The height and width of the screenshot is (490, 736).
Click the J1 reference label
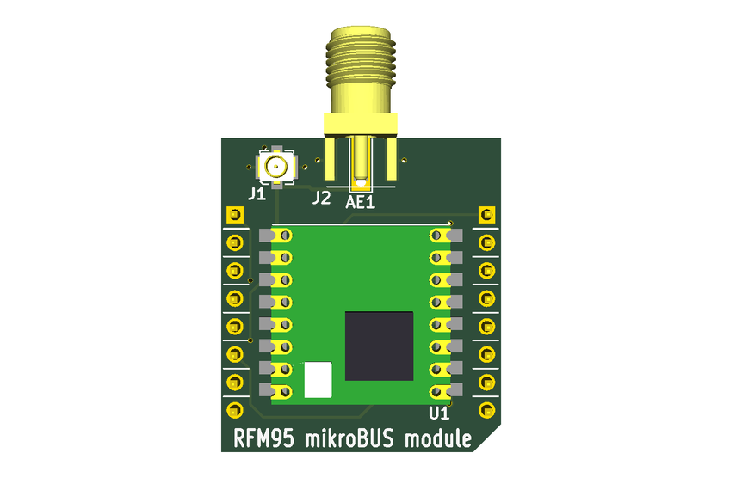[x=257, y=194]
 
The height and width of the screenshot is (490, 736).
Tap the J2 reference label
[x=321, y=198]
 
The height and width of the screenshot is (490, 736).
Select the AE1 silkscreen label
[x=362, y=202]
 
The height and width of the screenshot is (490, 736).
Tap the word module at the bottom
[x=442, y=439]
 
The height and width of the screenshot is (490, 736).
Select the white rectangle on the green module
[x=318, y=379]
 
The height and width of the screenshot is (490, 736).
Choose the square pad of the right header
[x=487, y=215]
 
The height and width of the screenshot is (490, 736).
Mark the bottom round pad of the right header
[x=487, y=408]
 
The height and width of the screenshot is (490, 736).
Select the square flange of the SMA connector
[x=360, y=125]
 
